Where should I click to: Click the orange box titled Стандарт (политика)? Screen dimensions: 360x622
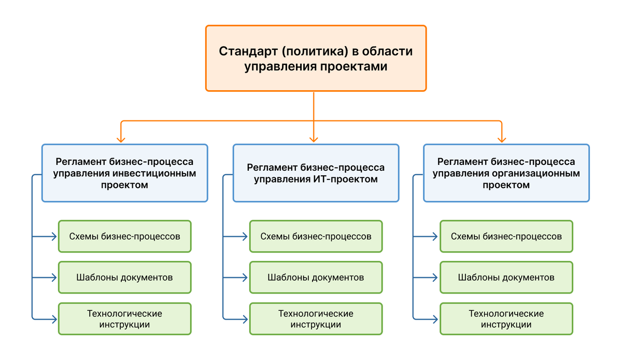(x=316, y=59)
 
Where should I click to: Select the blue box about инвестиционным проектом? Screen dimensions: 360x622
(x=124, y=173)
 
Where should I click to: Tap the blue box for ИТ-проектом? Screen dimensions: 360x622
(x=316, y=173)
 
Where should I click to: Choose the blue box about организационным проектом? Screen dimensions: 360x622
(x=506, y=173)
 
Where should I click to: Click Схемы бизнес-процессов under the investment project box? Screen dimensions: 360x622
(x=124, y=236)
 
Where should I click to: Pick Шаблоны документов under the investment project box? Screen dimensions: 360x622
(x=124, y=278)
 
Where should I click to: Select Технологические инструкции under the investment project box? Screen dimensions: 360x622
(x=124, y=319)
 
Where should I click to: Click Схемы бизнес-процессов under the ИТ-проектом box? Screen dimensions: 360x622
(x=316, y=236)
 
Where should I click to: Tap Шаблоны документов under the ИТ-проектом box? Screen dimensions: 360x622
(x=316, y=278)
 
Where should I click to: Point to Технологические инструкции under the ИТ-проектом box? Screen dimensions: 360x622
(x=316, y=319)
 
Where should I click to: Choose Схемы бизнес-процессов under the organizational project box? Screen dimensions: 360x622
(x=506, y=236)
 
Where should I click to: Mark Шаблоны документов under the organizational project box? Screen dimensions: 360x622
(x=506, y=278)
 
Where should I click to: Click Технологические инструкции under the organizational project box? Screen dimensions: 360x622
(x=506, y=319)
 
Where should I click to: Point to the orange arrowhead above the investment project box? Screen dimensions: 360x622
(x=121, y=139)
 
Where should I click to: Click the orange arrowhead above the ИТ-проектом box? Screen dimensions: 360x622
(x=314, y=139)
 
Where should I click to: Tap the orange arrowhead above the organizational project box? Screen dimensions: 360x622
(x=502, y=139)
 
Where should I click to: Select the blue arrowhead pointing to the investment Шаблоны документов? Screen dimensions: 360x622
(x=53, y=278)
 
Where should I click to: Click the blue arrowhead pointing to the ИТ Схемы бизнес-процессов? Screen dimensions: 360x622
(x=245, y=237)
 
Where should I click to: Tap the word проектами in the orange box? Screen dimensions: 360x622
(x=358, y=67)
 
